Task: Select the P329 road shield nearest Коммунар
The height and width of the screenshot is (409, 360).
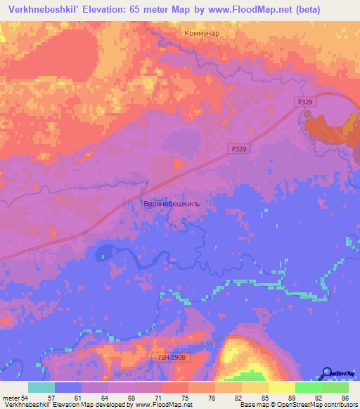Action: [x=302, y=102]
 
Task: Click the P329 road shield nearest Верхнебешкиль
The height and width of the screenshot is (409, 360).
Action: [x=239, y=149]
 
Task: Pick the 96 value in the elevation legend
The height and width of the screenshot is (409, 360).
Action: [x=345, y=398]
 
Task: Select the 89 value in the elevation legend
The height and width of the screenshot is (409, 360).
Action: [x=292, y=398]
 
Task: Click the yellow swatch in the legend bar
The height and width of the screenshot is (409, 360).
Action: [x=281, y=387]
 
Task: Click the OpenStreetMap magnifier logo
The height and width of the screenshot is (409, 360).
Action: [x=326, y=372]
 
